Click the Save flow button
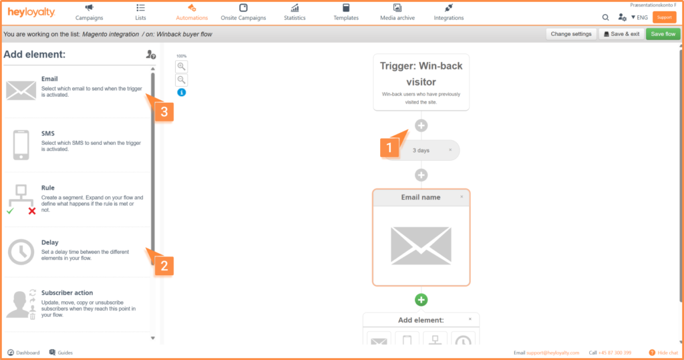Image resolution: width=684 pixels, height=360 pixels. pyautogui.click(x=663, y=34)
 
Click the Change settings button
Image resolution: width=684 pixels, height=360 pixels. pyautogui.click(x=570, y=34)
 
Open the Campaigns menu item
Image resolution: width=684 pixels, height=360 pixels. pyautogui.click(x=89, y=12)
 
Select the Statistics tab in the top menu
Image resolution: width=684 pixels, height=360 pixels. pyautogui.click(x=295, y=12)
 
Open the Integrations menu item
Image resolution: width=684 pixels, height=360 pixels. pyautogui.click(x=448, y=12)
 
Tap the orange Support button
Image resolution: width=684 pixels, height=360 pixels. pyautogui.click(x=665, y=17)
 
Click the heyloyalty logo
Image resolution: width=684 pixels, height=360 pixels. pyautogui.click(x=31, y=12)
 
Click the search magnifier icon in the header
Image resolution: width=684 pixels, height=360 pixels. pyautogui.click(x=605, y=17)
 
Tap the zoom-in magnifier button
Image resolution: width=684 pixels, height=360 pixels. pyautogui.click(x=182, y=67)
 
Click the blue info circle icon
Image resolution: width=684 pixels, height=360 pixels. pyautogui.click(x=182, y=93)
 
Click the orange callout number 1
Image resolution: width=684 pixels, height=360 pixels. pyautogui.click(x=389, y=148)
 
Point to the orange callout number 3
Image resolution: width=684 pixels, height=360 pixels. pyautogui.click(x=164, y=112)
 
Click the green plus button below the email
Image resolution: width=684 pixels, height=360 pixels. pyautogui.click(x=421, y=300)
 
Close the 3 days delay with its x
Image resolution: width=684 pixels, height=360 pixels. pyautogui.click(x=450, y=150)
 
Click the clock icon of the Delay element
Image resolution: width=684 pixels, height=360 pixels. pyautogui.click(x=21, y=252)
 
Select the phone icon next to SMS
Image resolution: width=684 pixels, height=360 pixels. pyautogui.click(x=21, y=145)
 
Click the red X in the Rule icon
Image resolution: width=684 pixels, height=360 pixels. pyautogui.click(x=32, y=211)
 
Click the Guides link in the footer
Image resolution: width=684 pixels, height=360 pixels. pyautogui.click(x=61, y=353)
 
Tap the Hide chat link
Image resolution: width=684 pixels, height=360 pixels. pyautogui.click(x=663, y=353)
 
